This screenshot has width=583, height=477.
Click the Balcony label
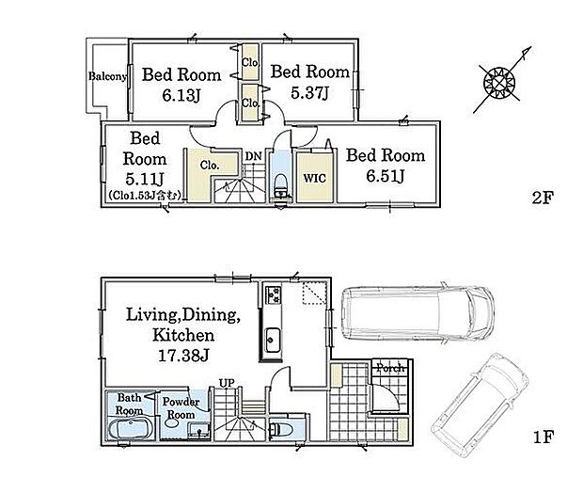(x=107, y=76)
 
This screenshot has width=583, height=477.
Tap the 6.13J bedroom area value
(x=181, y=96)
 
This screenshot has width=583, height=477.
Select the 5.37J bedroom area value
(x=309, y=93)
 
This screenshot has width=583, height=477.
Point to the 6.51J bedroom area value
(x=386, y=176)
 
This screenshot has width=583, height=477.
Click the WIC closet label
(x=315, y=178)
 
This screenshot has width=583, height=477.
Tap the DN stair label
(x=254, y=156)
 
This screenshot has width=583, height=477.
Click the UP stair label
(x=227, y=383)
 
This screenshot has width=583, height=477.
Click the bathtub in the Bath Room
(x=131, y=429)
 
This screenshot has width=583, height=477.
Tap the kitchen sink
(x=272, y=340)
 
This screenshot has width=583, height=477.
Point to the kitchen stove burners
(x=273, y=294)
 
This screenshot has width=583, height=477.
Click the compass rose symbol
(x=499, y=84)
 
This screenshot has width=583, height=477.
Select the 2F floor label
(x=543, y=198)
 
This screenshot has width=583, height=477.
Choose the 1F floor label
(x=544, y=437)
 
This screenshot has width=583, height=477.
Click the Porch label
(x=390, y=368)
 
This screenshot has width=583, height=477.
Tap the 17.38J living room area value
(x=183, y=356)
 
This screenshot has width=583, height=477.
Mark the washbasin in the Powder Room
(x=171, y=423)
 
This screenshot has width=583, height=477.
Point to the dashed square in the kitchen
(x=315, y=294)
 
